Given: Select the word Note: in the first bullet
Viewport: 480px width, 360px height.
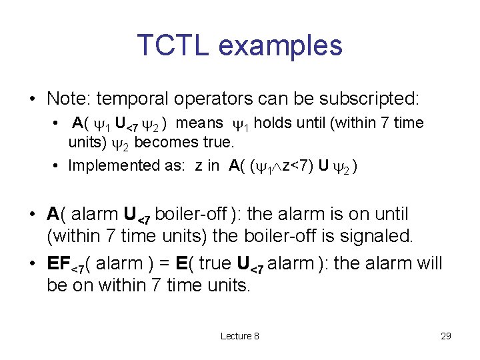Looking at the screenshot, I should tap(69, 99).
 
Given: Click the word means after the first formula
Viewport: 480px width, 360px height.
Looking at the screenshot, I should tap(201, 123).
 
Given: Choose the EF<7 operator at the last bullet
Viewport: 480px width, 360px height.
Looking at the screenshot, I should tap(65, 264).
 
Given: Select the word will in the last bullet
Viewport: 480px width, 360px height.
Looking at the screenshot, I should tap(427, 263).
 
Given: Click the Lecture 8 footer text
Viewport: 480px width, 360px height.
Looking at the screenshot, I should tap(240, 336).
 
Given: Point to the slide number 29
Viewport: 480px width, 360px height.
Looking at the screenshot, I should tap(446, 336).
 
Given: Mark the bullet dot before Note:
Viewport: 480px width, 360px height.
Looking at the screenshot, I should tap(33, 100).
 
